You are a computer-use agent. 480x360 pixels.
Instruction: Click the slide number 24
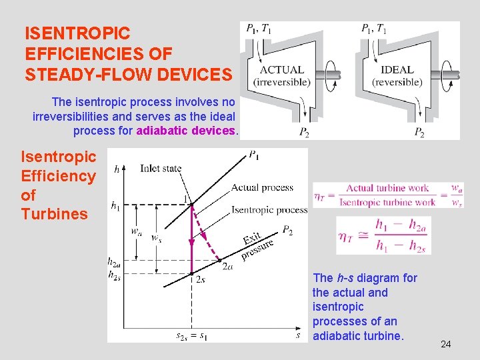pos(446,344)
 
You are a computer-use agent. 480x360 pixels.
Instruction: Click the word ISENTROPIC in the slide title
pos(77,33)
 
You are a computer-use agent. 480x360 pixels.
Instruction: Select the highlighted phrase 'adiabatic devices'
pos(186,131)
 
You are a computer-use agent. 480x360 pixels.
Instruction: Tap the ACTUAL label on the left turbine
pos(282,69)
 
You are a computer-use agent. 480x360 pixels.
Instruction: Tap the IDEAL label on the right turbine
pos(397,69)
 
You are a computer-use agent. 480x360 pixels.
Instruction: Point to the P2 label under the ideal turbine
pos(419,133)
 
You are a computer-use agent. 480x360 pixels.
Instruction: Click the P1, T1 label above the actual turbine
pos(259,28)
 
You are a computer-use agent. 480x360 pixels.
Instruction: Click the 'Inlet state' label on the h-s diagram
pos(161,168)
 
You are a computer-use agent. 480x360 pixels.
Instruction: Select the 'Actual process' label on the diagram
pos(262,187)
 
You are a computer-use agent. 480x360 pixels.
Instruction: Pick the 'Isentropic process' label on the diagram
pos(269,210)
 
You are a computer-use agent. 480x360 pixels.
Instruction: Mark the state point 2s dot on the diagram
pos(192,273)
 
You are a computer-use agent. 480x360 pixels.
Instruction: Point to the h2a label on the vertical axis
pos(115,262)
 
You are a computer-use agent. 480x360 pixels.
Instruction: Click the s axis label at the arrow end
pos(298,335)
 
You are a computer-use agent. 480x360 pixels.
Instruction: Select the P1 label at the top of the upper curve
pos(254,155)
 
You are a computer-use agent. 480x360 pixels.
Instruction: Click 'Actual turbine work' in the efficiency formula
pos(387,188)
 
